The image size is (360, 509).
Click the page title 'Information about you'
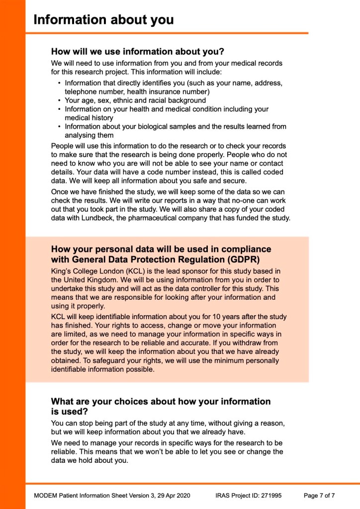pos(103,20)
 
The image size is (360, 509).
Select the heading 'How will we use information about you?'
pos(138,51)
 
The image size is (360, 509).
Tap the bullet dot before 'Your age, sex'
pos(60,100)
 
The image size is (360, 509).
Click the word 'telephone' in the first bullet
pos(80,91)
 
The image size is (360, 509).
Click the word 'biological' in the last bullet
pos(145,126)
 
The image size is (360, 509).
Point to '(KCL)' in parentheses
pos(120,271)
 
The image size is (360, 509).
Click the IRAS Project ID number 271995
pos(271,496)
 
